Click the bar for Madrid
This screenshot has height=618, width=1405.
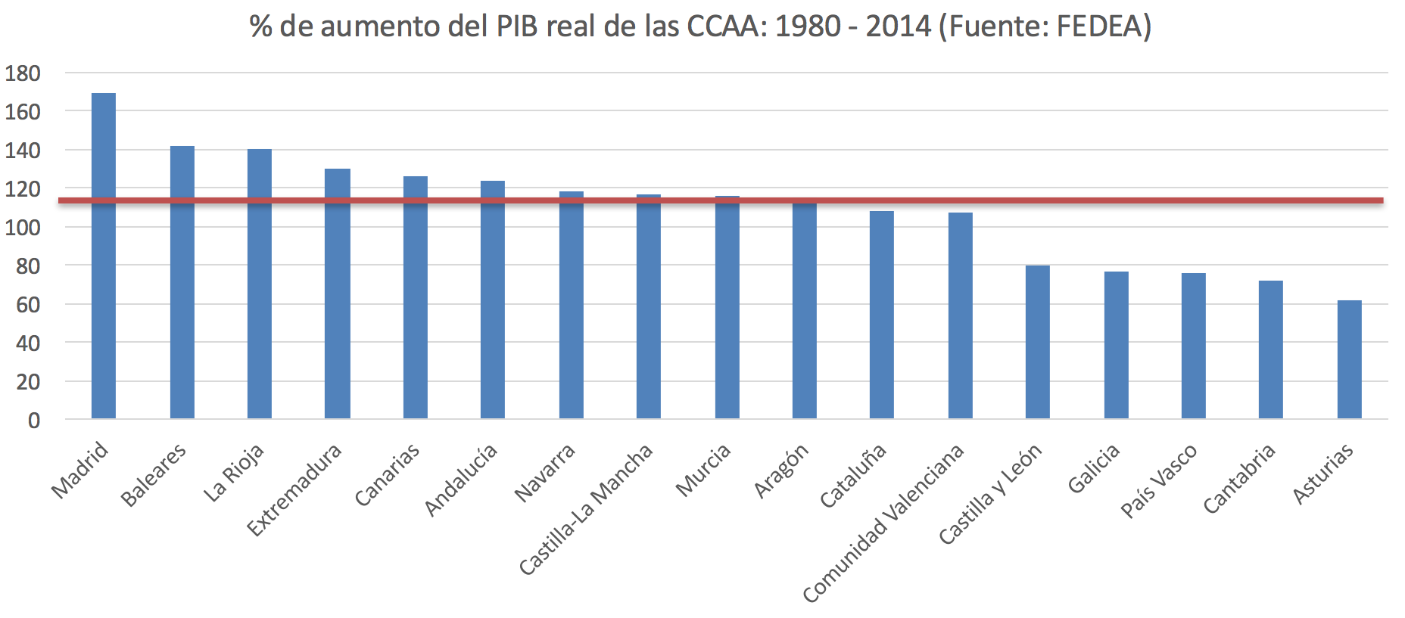(x=104, y=257)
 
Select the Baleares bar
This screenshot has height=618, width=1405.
(x=182, y=284)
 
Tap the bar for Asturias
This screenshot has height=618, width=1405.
(x=1349, y=360)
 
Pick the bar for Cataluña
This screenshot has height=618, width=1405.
(x=882, y=315)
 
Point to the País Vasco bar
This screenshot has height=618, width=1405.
(x=1194, y=346)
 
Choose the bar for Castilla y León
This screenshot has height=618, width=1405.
(x=1038, y=342)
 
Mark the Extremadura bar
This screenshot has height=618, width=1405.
(x=338, y=294)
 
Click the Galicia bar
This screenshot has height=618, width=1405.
(x=1117, y=346)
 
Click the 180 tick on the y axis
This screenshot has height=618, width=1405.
(x=23, y=73)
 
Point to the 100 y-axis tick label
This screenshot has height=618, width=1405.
(x=23, y=228)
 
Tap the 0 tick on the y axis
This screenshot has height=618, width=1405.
(x=34, y=421)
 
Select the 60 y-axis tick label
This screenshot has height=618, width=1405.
(x=28, y=305)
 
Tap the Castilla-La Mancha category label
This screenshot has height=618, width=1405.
(x=585, y=509)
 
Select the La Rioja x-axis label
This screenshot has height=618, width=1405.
(x=233, y=474)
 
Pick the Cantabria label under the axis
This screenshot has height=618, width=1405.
(x=1238, y=479)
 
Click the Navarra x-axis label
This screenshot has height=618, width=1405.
(x=544, y=474)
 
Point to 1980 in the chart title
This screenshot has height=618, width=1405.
(x=808, y=26)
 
